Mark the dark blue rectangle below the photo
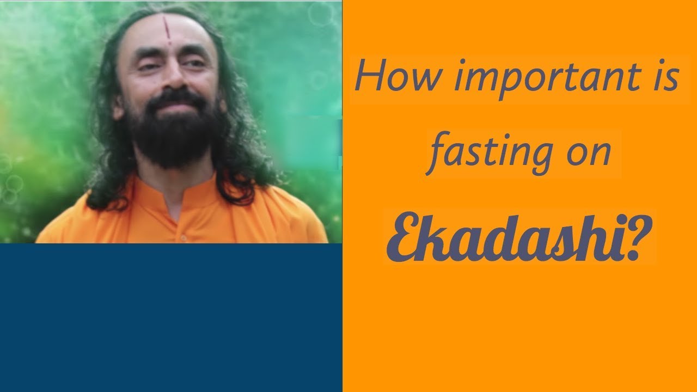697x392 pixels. [x=171, y=317]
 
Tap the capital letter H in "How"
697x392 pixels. [x=369, y=77]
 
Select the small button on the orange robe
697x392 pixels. [x=183, y=238]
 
